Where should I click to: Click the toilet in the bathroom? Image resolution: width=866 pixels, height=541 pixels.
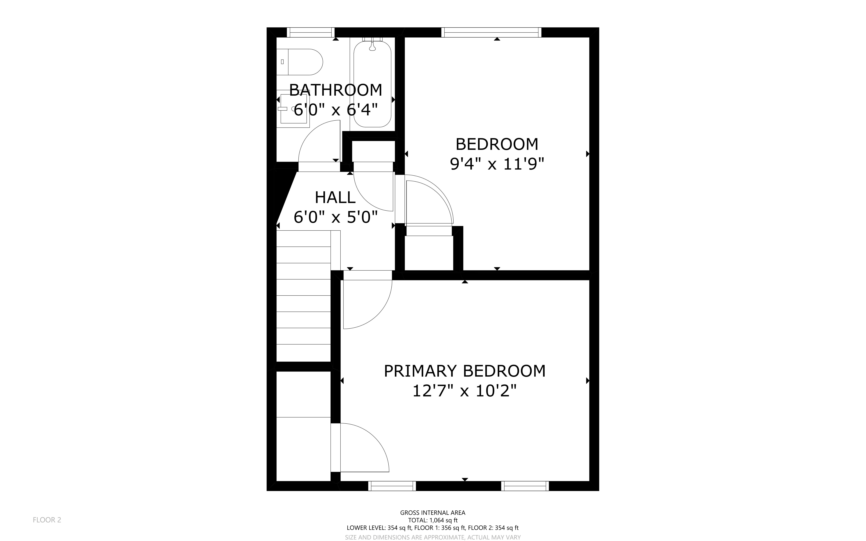click(300, 62)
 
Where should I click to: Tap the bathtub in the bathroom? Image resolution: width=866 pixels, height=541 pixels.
click(372, 84)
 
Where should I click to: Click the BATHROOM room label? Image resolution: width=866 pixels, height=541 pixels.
click(336, 90)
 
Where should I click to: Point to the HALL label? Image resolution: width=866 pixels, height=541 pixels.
click(335, 198)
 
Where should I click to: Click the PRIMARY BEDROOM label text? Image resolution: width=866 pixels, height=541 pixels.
click(465, 371)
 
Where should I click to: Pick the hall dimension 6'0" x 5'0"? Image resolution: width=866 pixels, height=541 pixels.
click(336, 217)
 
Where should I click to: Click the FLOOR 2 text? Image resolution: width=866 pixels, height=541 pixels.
click(47, 520)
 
